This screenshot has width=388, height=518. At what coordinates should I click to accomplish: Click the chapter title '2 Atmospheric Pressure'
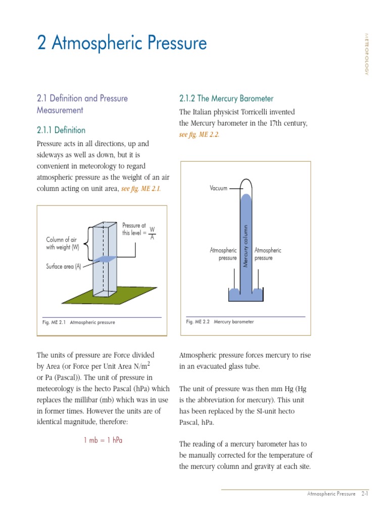122,44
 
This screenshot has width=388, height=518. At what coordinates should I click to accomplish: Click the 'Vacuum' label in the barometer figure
218,188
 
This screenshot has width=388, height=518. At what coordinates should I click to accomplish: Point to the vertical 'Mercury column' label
246,246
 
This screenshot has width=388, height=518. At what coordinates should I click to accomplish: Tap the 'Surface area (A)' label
63,267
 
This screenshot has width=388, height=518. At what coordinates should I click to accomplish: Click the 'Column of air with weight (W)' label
63,243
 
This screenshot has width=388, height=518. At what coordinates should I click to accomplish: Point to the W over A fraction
152,233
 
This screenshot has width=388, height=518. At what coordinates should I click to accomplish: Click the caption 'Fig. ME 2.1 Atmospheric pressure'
79,322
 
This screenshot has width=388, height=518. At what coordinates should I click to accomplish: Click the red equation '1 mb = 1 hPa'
103,440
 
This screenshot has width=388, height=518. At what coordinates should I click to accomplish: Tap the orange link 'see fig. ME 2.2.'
200,135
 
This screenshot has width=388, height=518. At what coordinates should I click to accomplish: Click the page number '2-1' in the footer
364,493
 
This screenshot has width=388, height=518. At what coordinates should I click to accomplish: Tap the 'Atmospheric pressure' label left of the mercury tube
223,254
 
